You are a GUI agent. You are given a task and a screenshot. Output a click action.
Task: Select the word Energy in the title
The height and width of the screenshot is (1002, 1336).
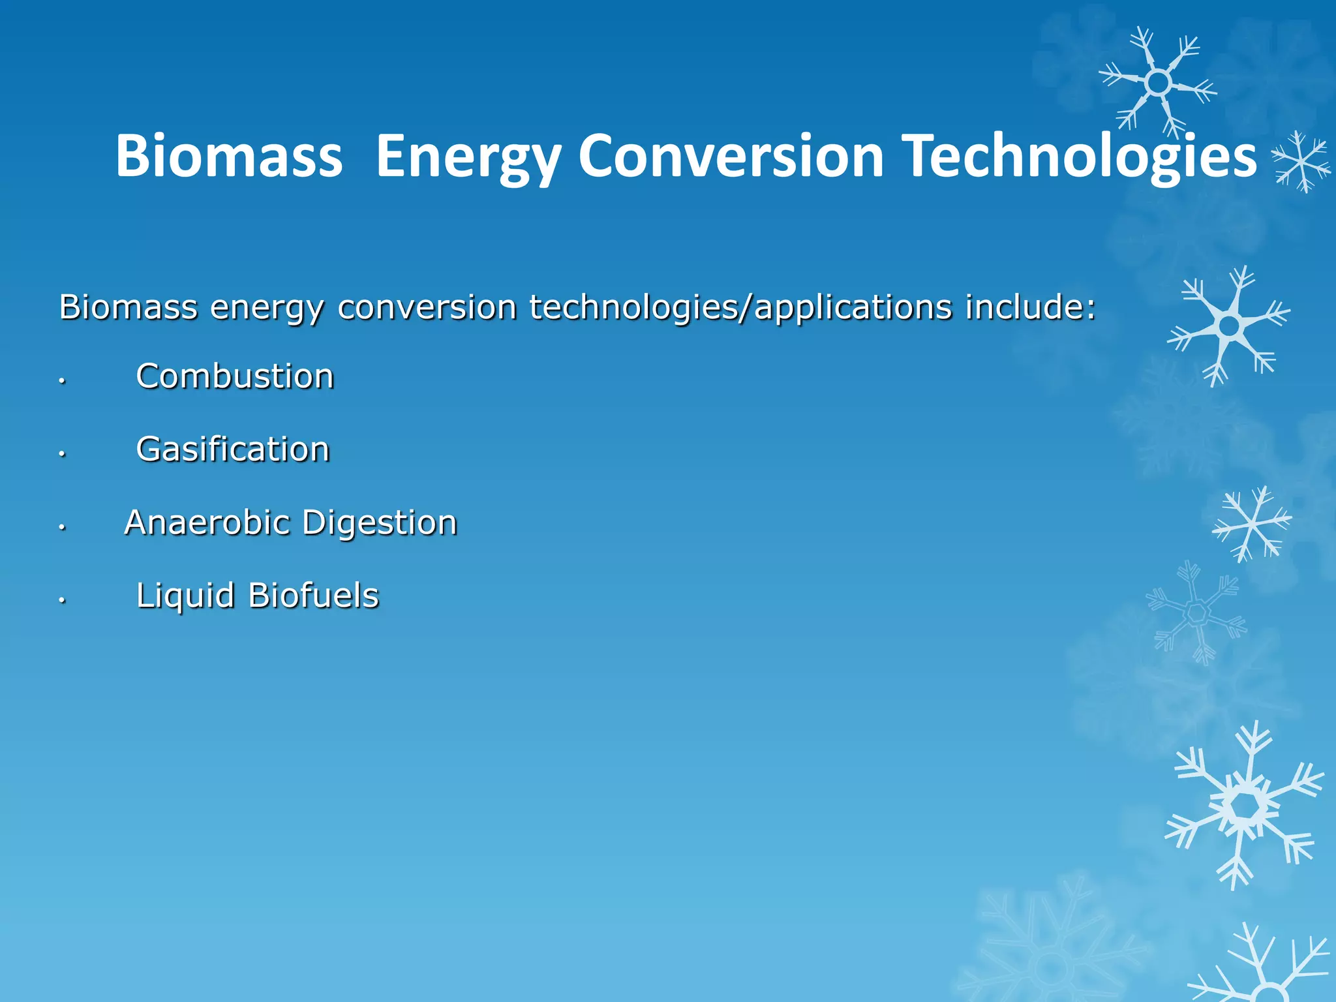click(468, 157)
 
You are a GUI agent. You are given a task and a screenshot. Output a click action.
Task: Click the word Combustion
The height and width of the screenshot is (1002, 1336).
click(235, 376)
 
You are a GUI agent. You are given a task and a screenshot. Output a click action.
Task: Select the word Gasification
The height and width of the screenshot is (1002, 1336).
click(233, 449)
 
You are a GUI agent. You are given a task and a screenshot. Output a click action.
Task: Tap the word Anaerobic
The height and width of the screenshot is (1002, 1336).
click(207, 523)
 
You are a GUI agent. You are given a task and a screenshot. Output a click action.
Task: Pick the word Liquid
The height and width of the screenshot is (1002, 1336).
click(185, 596)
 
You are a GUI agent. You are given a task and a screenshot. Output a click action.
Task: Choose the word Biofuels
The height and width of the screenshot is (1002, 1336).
click(314, 596)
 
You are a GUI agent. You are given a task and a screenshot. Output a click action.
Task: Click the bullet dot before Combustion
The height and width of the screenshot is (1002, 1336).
click(62, 380)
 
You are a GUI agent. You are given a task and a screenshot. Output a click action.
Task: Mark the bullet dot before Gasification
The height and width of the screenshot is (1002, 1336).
click(62, 453)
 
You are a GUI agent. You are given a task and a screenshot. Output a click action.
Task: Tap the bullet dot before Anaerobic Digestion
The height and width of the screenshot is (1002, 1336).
click(62, 526)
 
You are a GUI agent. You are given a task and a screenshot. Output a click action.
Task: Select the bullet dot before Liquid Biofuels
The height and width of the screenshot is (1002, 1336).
click(62, 600)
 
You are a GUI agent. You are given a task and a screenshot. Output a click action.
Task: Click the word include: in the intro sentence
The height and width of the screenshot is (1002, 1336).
click(1030, 307)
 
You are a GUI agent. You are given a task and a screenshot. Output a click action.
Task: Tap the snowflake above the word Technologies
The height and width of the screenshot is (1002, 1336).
click(1158, 83)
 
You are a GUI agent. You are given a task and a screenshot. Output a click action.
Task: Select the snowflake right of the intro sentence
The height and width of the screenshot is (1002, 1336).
click(1229, 326)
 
